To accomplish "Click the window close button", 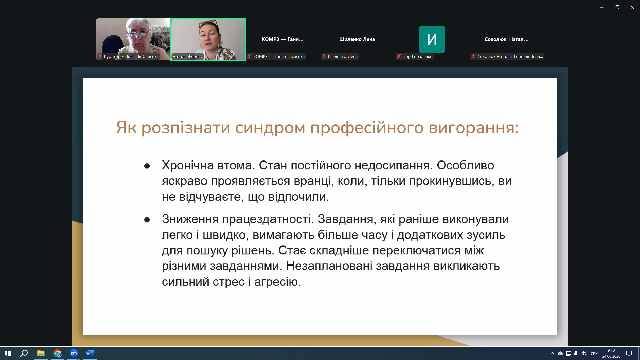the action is tap(632, 7).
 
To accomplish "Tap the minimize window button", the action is tap(602, 7).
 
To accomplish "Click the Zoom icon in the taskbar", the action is tap(74, 353).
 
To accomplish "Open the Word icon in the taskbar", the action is tap(90, 353).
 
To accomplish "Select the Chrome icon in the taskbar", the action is tap(57, 353).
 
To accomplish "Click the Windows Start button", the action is tap(8, 353).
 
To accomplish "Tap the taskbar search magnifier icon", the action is tap(24, 353).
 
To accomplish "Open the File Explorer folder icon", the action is tap(41, 353).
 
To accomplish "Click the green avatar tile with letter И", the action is tap(432, 39).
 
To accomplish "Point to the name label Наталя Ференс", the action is tap(188, 57).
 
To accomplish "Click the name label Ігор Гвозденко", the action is tap(417, 57).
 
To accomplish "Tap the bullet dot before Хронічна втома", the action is tap(147, 166).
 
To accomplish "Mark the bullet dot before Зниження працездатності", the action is tap(147, 220).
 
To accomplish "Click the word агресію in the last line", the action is tap(277, 282).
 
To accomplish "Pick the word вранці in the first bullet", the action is tap(314, 181).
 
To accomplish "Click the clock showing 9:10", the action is tap(611, 350).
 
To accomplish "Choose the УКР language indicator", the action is tap(594, 353).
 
